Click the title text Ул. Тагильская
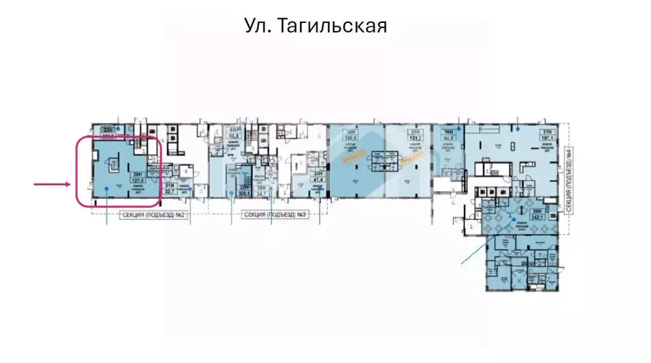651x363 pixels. [315, 27]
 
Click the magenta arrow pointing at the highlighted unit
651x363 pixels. [52, 184]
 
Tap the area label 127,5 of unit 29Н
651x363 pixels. [137, 181]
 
